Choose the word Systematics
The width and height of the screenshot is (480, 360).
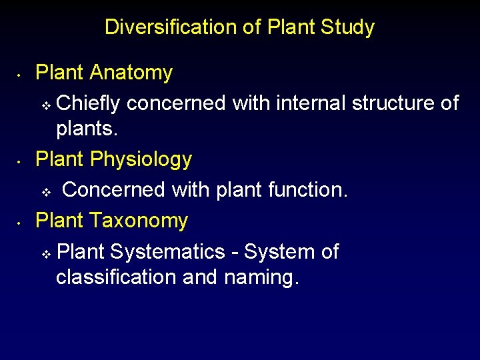click(168, 251)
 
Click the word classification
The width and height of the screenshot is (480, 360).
click(116, 277)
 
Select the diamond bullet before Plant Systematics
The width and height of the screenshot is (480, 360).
click(46, 253)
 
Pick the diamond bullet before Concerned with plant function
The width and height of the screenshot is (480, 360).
click(46, 192)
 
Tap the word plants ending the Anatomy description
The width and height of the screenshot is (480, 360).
click(87, 129)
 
